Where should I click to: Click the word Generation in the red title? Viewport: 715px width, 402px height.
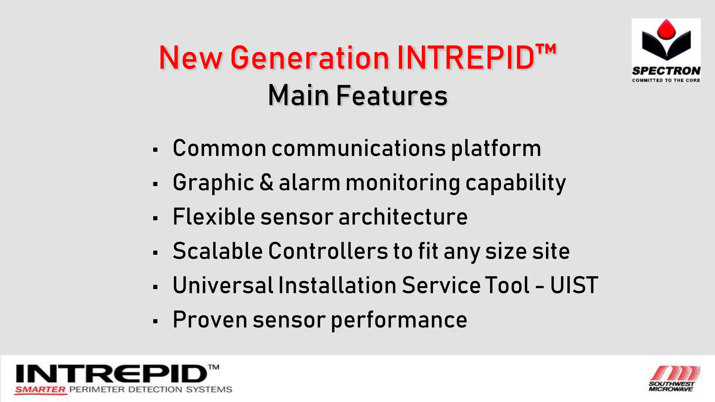[x=310, y=58]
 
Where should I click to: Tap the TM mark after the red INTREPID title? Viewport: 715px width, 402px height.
[x=546, y=50]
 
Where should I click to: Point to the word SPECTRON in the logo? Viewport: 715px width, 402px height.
[x=666, y=71]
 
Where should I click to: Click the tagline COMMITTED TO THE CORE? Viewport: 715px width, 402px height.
[x=666, y=80]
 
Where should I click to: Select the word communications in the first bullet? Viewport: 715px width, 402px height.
[x=359, y=148]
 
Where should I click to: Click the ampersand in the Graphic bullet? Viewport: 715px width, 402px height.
[x=266, y=183]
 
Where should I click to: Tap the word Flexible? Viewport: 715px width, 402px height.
[x=214, y=217]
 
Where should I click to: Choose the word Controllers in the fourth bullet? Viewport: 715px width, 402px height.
[x=328, y=251]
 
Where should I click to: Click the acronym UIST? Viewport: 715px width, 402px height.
[x=574, y=285]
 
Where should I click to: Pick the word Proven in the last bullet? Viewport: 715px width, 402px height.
[x=210, y=320]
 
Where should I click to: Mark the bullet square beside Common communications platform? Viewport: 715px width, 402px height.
[x=155, y=150]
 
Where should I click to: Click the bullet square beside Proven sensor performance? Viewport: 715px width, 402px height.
[x=155, y=321]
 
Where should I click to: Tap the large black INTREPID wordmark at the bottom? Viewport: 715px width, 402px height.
[x=112, y=374]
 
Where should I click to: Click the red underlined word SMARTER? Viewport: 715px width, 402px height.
[x=40, y=390]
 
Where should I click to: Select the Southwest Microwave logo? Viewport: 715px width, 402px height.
[x=674, y=379]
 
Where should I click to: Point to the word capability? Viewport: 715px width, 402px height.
[x=516, y=183]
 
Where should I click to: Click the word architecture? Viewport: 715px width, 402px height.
[x=403, y=217]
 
